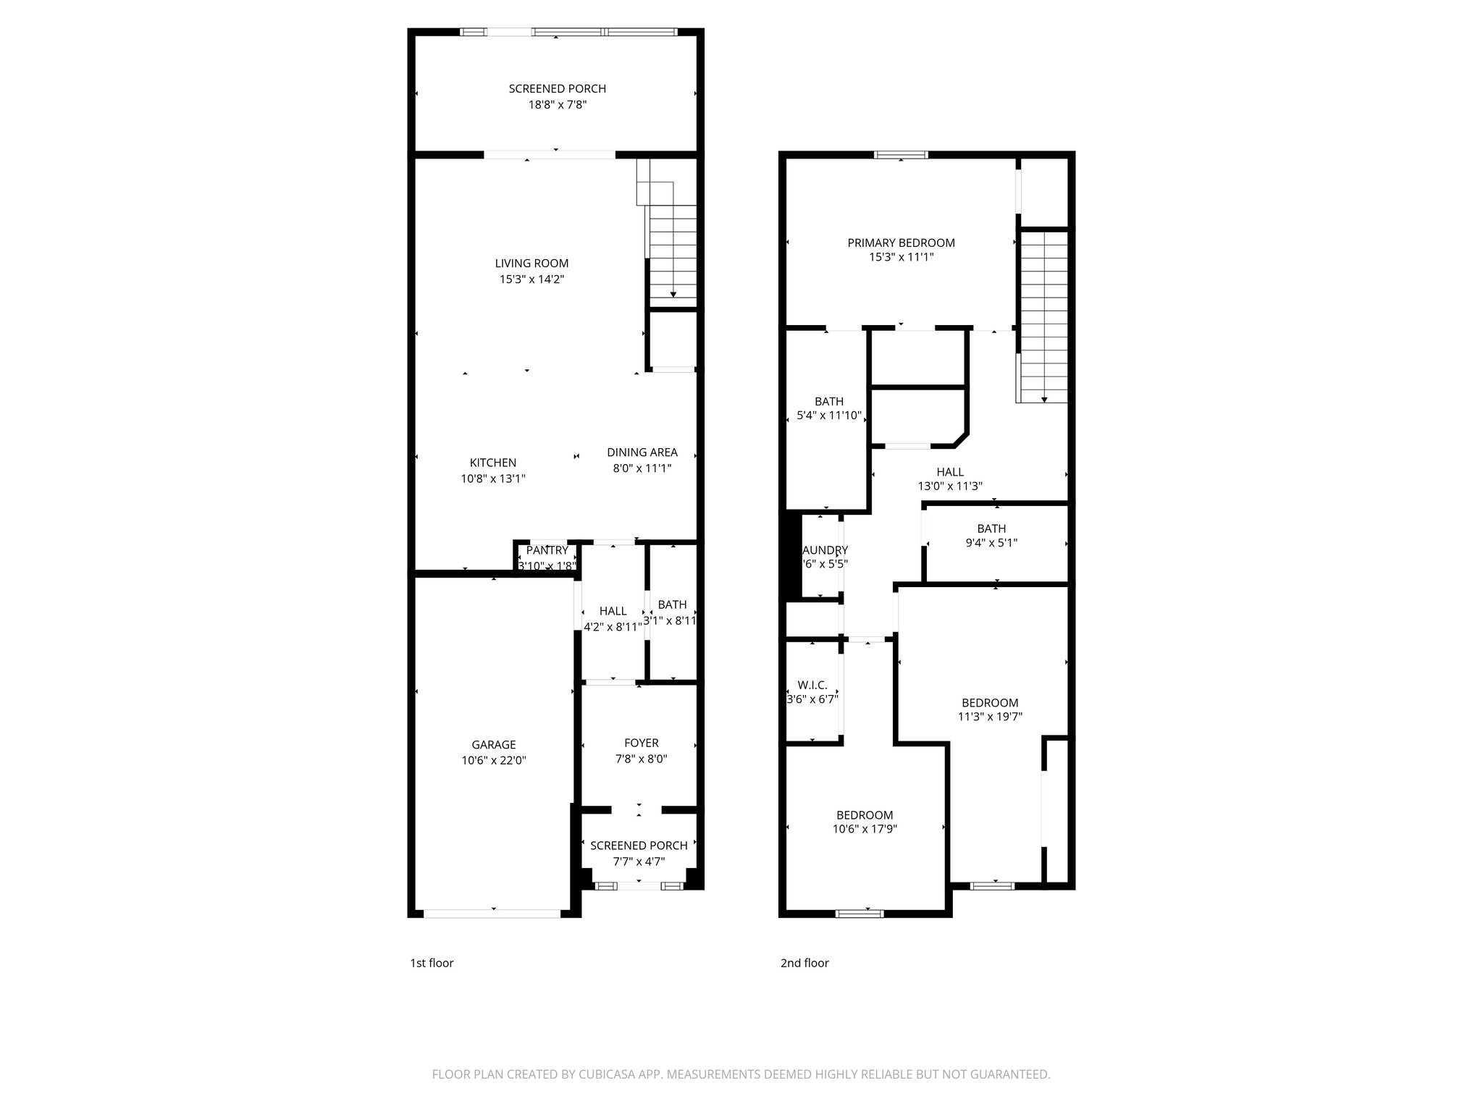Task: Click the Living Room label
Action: coord(532,264)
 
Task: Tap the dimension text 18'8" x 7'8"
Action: coord(557,105)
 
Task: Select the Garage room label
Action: coord(493,744)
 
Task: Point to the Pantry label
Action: coord(547,550)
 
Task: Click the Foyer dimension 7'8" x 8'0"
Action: coord(641,759)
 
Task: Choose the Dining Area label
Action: coord(642,452)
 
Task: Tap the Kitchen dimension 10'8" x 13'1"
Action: coord(492,479)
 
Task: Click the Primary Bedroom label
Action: coord(901,243)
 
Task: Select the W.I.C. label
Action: coord(812,685)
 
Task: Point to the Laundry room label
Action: coord(825,550)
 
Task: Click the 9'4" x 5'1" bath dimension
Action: coord(991,543)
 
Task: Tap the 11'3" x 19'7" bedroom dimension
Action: coord(990,717)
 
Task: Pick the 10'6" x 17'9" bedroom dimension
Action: coord(865,830)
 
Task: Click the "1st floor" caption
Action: coord(432,963)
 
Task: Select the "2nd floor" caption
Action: coord(804,963)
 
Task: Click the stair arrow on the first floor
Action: coord(673,292)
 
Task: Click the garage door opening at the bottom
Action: coord(492,913)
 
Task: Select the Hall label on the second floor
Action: coord(949,472)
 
